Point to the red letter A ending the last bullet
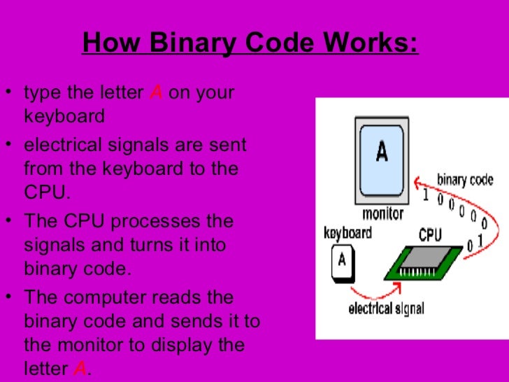pos(80,368)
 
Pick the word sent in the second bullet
pos(227,146)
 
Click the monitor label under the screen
pos(383,213)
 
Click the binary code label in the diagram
pos(465,180)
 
